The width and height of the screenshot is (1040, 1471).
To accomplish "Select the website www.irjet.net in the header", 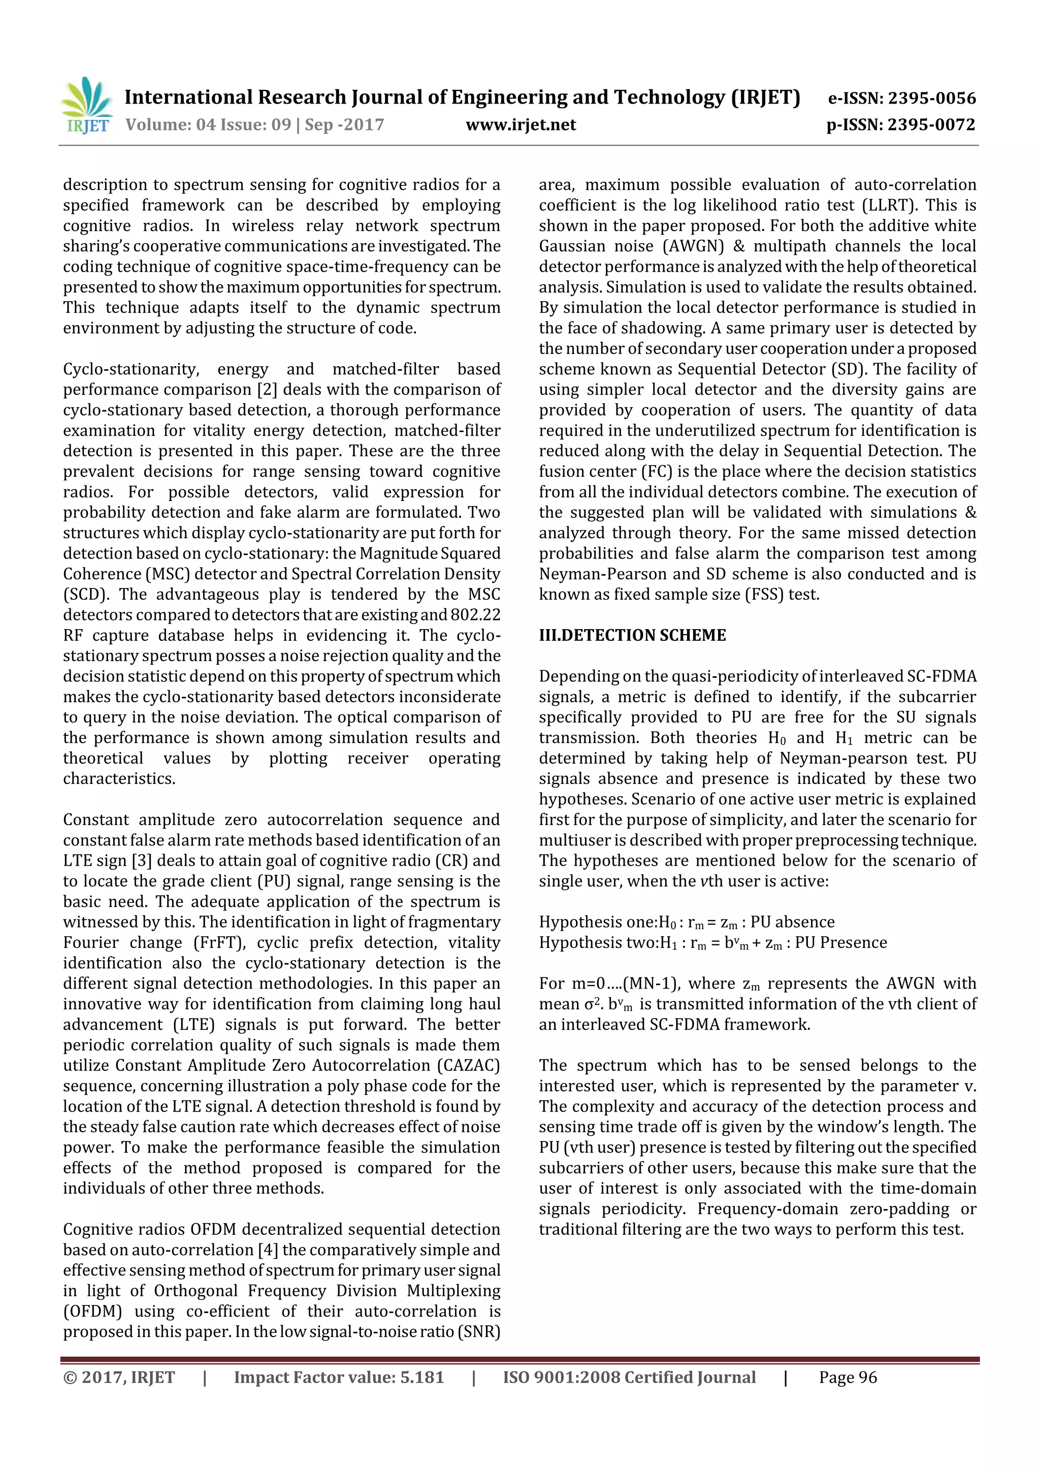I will (521, 125).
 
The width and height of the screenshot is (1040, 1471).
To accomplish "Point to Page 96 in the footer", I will (847, 1377).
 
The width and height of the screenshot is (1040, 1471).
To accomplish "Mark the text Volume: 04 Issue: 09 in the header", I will (208, 125).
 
